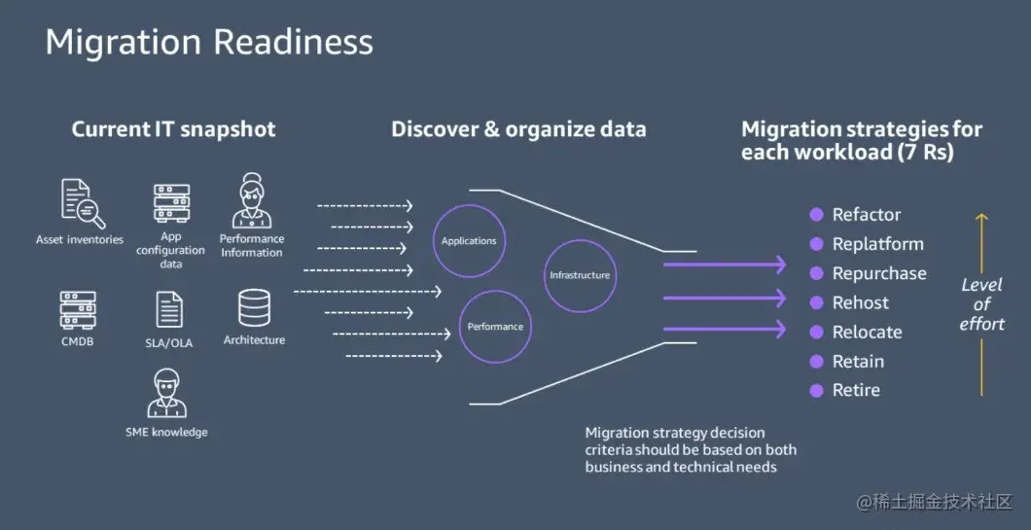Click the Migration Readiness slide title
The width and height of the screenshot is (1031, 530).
click(209, 42)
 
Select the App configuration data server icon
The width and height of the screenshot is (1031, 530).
click(171, 203)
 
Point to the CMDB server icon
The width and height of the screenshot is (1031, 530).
click(77, 310)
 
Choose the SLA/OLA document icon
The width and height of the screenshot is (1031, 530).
click(169, 310)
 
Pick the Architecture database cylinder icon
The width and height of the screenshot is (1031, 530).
click(254, 308)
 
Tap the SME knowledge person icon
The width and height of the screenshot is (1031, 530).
click(166, 393)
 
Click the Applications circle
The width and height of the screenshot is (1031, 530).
click(469, 241)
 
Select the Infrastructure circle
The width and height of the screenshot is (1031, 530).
click(580, 275)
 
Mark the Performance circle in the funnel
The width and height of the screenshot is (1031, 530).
click(495, 327)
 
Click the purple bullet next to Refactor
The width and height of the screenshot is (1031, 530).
click(817, 215)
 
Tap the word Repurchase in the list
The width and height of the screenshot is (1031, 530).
click(879, 273)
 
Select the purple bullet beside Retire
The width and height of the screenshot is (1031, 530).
click(817, 390)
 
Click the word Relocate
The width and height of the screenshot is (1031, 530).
click(867, 332)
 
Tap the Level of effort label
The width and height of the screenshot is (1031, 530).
click(981, 304)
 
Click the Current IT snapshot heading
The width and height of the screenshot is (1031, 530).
click(173, 129)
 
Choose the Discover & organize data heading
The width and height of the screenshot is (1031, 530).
click(518, 129)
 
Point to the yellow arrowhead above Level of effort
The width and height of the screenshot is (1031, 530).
click(981, 218)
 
